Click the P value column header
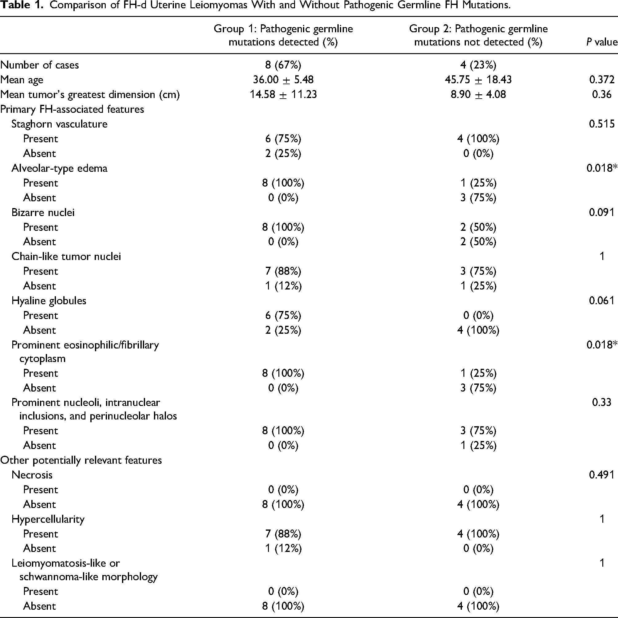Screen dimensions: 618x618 click(x=602, y=42)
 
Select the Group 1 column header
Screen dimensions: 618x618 click(x=283, y=35)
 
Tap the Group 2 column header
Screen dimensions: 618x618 click(x=478, y=35)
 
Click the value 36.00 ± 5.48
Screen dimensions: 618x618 click(x=283, y=80)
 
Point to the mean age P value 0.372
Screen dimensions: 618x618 click(x=602, y=80)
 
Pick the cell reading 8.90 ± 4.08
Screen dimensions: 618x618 click(x=478, y=94)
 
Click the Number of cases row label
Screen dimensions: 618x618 click(x=39, y=65)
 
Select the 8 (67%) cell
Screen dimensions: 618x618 click(x=283, y=65)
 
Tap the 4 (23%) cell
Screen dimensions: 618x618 click(x=478, y=65)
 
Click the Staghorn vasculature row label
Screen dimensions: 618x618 click(x=59, y=124)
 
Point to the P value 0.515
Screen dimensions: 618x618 click(x=602, y=124)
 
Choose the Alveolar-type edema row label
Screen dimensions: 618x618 click(x=59, y=168)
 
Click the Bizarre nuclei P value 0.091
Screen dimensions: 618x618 click(x=602, y=212)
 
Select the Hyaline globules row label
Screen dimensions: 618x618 click(x=49, y=301)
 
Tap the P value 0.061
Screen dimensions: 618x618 click(x=602, y=300)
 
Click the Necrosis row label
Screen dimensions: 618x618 click(x=32, y=475)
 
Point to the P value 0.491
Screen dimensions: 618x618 click(x=602, y=475)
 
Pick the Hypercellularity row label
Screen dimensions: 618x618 click(x=48, y=519)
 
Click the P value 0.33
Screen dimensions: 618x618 click(x=602, y=402)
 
